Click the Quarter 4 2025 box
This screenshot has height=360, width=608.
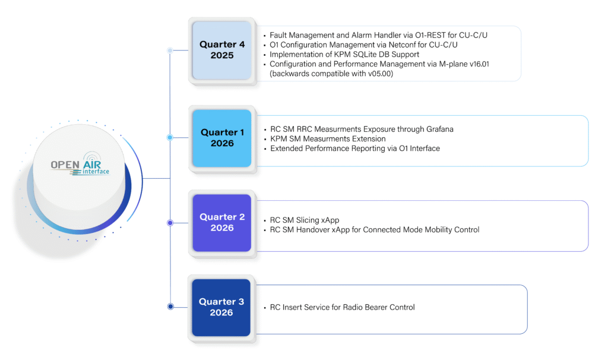click(x=222, y=50)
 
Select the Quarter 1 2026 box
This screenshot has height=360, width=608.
click(x=222, y=138)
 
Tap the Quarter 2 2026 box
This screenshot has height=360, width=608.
click(x=222, y=223)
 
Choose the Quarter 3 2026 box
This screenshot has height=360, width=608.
click(x=221, y=308)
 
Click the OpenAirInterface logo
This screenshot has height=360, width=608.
click(x=80, y=165)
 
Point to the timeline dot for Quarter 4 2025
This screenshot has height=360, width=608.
click(x=170, y=50)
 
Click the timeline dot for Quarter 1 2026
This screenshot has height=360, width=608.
click(x=170, y=137)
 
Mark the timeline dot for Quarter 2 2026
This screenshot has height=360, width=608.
click(x=170, y=223)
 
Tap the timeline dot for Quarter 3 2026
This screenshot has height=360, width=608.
click(x=170, y=307)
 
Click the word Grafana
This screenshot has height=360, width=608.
click(x=440, y=129)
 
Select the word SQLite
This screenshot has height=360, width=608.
click(x=365, y=54)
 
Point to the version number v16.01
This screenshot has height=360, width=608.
click(x=479, y=64)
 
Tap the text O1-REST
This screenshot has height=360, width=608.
click(x=430, y=35)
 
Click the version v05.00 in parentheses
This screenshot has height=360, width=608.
click(x=380, y=74)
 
